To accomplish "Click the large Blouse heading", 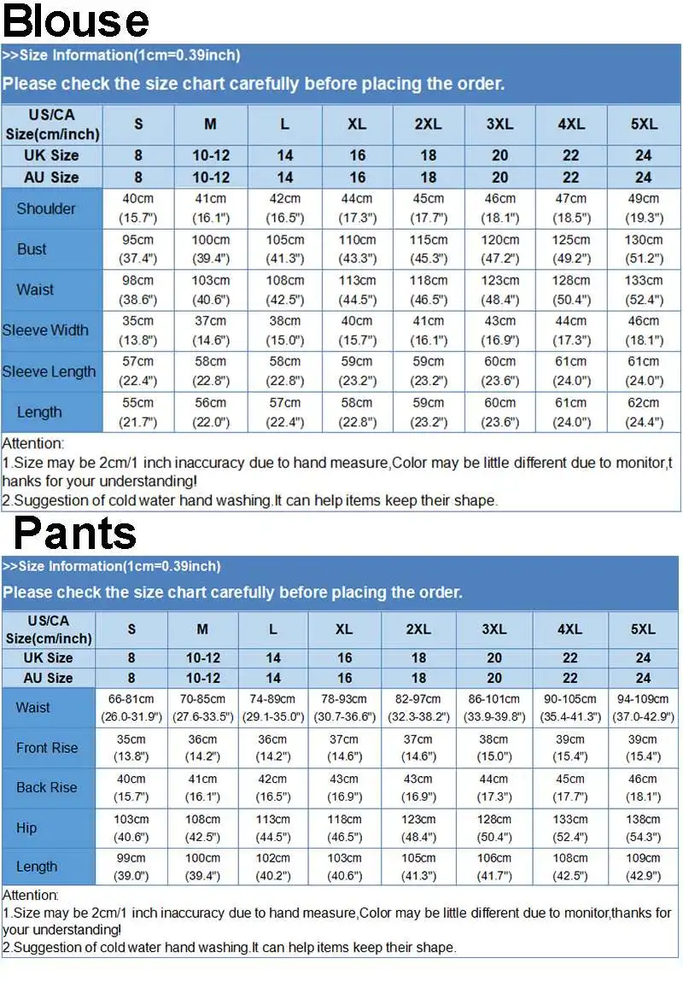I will click(75, 21).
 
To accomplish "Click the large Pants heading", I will click(75, 533).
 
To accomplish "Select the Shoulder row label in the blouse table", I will click(46, 208).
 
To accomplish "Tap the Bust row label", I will click(32, 249).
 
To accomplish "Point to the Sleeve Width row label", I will click(45, 330).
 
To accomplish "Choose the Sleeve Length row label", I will click(49, 371).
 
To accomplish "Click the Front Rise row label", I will click(47, 748).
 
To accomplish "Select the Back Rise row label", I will click(47, 787).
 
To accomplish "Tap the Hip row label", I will click(26, 827).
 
